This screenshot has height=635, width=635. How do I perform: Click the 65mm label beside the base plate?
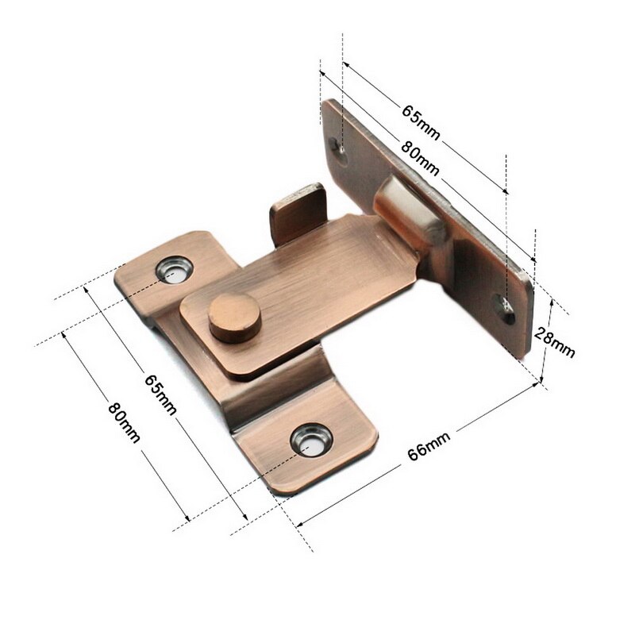pos(160,392)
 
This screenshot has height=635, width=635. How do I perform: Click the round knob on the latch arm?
pos(233,316)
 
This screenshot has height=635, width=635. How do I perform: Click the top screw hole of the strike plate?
pos(341,151)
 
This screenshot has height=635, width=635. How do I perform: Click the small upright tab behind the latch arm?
pos(298,210)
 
